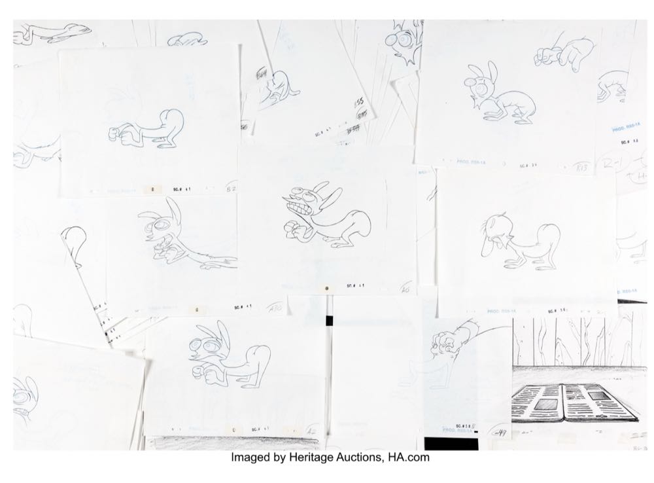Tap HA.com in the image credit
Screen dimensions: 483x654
click(409, 457)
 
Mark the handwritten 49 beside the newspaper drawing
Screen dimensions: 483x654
click(501, 433)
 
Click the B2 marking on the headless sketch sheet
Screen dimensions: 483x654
click(230, 190)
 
